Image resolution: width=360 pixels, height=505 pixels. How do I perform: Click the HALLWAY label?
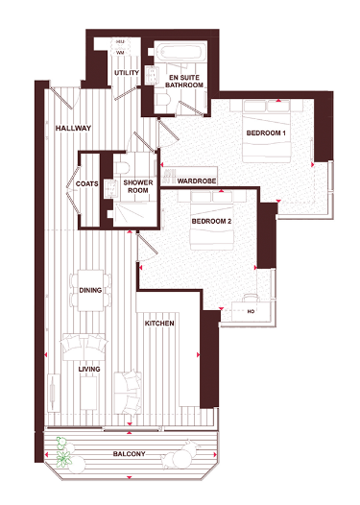[73, 127]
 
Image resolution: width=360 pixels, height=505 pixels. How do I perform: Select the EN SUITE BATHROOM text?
[185, 81]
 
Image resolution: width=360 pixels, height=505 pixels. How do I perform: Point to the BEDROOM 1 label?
[267, 132]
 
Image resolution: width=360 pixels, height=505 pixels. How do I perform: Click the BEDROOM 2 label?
[211, 222]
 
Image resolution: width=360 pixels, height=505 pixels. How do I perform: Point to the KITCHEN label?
[158, 325]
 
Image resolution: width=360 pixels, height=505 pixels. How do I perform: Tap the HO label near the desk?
[251, 312]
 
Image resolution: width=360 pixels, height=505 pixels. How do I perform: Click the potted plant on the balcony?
[66, 453]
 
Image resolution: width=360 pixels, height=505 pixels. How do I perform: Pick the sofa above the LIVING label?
[83, 345]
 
